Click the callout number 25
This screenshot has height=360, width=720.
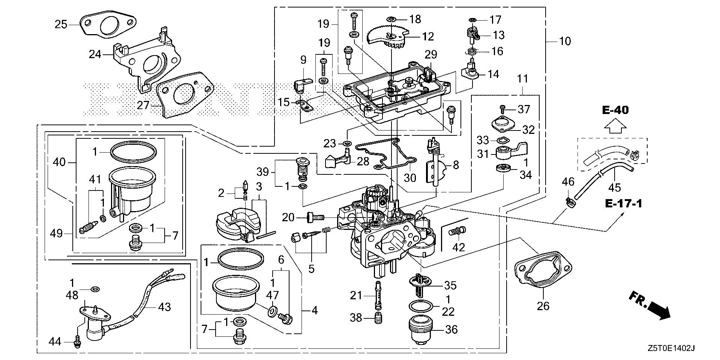[61, 25]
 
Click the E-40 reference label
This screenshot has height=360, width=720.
[615, 110]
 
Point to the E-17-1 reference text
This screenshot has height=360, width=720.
[623, 204]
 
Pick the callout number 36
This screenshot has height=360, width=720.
[451, 330]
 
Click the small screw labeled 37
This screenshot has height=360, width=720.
[503, 109]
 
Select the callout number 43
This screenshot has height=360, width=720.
[164, 307]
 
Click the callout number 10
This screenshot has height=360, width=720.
[565, 41]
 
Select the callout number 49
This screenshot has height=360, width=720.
[57, 234]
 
